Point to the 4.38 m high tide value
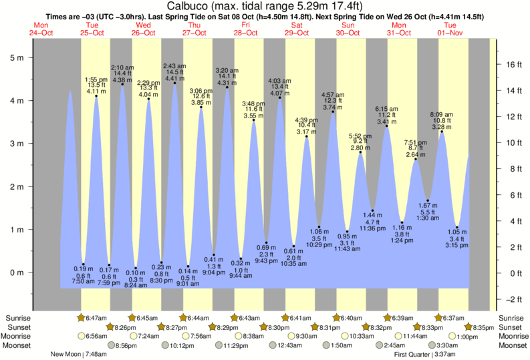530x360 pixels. [x=122, y=80]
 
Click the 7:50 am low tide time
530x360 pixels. [x=84, y=283]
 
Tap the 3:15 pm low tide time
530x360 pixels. [x=457, y=246]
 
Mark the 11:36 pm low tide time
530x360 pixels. [x=372, y=228]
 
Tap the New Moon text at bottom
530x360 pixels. [x=69, y=355]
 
